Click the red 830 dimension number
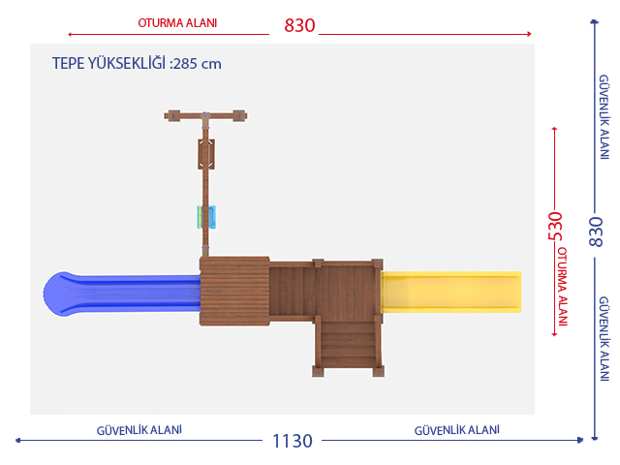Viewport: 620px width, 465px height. (299, 26)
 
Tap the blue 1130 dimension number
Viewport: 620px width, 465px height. (293, 441)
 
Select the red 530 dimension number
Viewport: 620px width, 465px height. (555, 226)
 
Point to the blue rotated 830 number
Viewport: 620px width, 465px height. (596, 232)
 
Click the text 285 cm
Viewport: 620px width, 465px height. (197, 64)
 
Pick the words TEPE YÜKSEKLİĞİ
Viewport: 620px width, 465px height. (108, 63)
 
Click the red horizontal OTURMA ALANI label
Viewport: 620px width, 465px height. (177, 23)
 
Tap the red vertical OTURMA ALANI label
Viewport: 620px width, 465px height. (562, 287)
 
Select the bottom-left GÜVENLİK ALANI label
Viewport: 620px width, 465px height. (139, 430)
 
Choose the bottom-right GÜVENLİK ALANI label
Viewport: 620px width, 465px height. (456, 430)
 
